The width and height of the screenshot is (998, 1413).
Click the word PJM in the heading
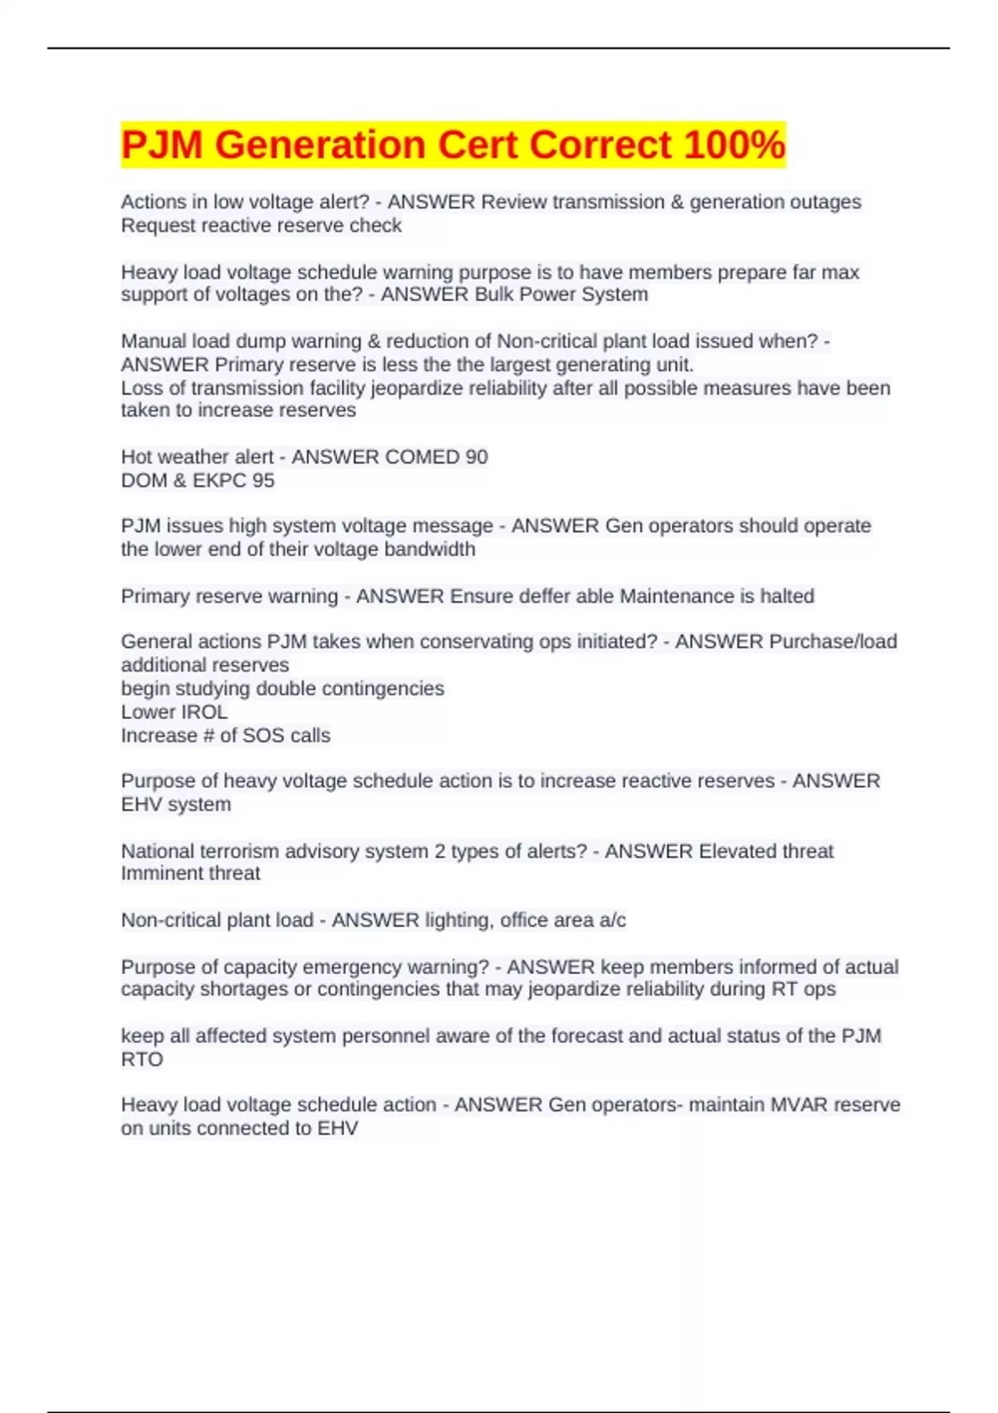[x=161, y=145]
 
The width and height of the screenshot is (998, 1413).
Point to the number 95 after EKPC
[x=263, y=480]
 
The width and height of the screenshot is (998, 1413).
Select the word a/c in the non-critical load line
[x=612, y=920]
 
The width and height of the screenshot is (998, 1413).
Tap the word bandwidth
[x=433, y=549]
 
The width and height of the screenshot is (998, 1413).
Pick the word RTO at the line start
[x=141, y=1060]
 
